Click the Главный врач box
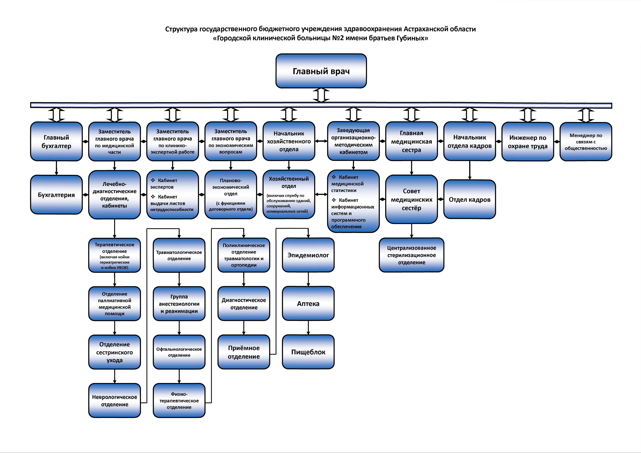pyautogui.click(x=321, y=71)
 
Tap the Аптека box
pyautogui.click(x=308, y=303)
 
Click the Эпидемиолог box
pyautogui.click(x=308, y=255)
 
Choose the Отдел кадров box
pyautogui.click(x=470, y=199)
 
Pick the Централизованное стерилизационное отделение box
pyautogui.click(x=412, y=255)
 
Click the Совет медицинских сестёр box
pyautogui.click(x=412, y=199)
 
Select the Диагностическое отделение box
pyautogui.click(x=244, y=303)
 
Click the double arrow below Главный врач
pyautogui.click(x=321, y=95)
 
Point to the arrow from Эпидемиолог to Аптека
pyautogui.click(x=308, y=279)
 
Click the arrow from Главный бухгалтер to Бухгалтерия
pyautogui.click(x=56, y=168)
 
